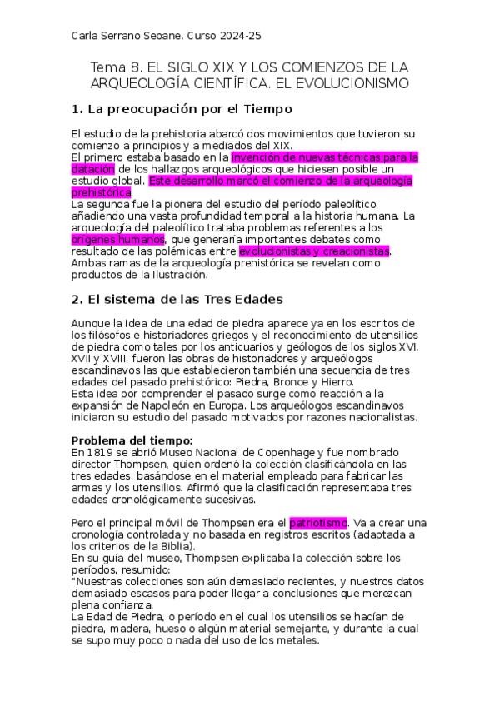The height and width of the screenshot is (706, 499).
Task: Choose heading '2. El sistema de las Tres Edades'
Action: tap(177, 299)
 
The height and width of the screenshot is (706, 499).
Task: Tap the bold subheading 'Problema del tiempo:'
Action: tap(132, 440)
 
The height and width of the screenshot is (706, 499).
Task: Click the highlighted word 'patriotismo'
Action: tap(317, 522)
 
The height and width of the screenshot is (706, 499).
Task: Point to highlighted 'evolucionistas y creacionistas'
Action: tap(314, 251)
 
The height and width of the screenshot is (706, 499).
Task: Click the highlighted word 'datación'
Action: tap(92, 169)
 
